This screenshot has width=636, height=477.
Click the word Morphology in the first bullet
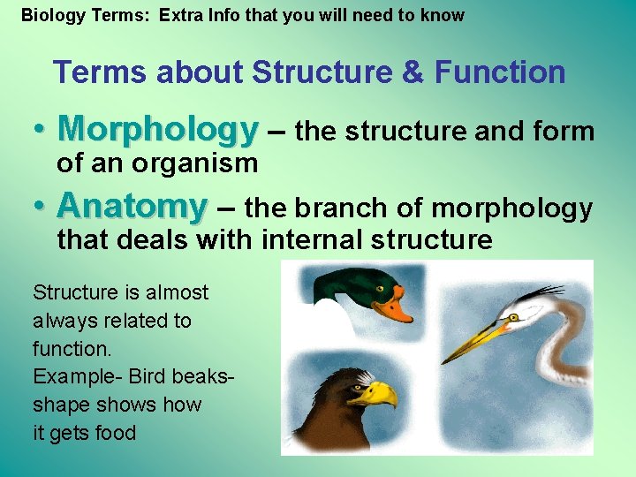[157, 131]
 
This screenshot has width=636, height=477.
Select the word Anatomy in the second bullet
[132, 208]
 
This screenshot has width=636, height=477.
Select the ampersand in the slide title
[413, 72]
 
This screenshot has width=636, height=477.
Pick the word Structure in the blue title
[322, 72]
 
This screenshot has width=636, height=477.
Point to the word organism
[198, 163]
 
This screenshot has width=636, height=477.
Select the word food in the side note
[116, 433]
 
